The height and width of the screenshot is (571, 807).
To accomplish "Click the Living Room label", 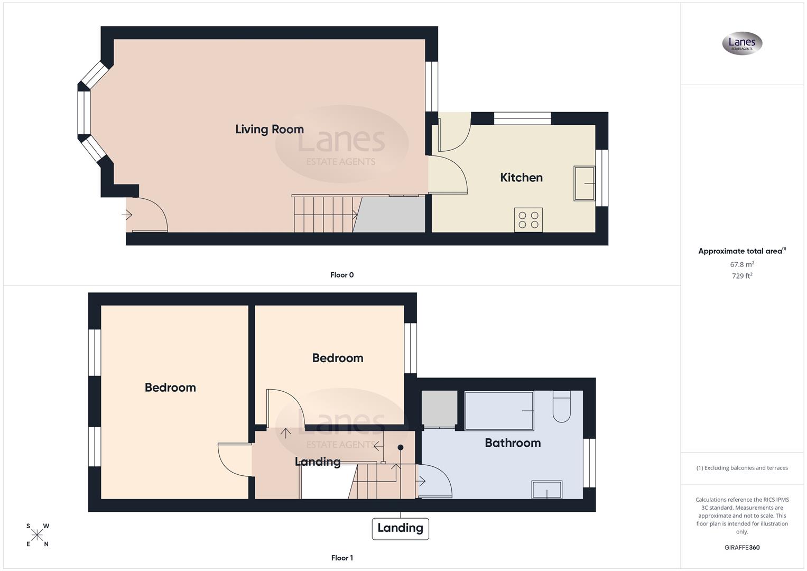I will click(x=269, y=130).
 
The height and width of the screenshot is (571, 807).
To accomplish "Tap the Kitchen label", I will click(x=521, y=178).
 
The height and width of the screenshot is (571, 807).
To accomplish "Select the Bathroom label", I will click(x=513, y=443).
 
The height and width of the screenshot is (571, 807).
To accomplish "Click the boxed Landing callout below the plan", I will click(x=400, y=528).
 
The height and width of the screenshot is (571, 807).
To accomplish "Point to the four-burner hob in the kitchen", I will click(x=528, y=220).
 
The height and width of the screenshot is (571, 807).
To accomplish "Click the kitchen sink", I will click(x=584, y=183).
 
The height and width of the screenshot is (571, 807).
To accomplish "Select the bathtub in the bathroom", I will click(x=499, y=411).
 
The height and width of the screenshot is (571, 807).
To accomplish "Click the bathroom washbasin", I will click(x=547, y=490).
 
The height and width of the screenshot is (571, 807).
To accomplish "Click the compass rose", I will click(x=38, y=535).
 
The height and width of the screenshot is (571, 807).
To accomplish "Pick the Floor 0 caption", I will click(x=342, y=275).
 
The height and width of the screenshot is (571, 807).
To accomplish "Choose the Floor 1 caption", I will click(x=342, y=558).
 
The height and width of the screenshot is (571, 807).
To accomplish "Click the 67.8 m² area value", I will click(x=741, y=264).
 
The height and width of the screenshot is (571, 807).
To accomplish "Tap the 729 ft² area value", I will click(x=741, y=276).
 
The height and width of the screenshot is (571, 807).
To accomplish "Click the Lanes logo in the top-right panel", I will click(x=742, y=43).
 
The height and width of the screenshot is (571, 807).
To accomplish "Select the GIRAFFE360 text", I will click(x=741, y=548).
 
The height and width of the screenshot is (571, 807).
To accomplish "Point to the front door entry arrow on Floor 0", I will click(x=127, y=215).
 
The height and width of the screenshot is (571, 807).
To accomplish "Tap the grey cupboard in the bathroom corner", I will click(x=440, y=409).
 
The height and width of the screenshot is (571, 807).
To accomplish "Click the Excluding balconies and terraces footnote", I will click(x=742, y=468).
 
